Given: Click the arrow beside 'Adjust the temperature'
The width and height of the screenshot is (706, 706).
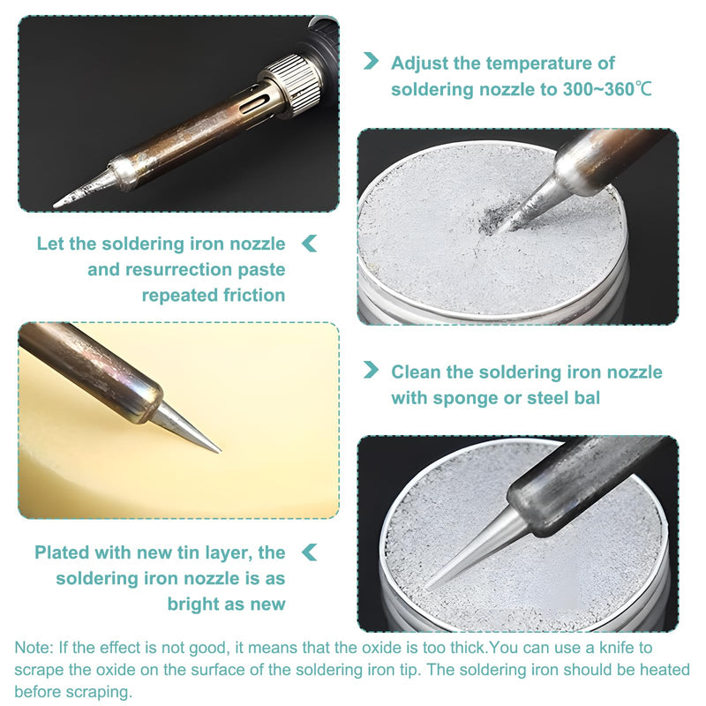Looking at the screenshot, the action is coord(371,61).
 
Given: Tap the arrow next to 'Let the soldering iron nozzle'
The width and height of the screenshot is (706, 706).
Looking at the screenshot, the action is coord(310,244).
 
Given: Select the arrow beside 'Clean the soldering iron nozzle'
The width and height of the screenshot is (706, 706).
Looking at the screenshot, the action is coord(371,370).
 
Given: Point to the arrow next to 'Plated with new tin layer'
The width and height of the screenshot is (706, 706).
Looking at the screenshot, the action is coord(310,552).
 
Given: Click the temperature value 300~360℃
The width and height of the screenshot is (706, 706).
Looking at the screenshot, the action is coord(607,89).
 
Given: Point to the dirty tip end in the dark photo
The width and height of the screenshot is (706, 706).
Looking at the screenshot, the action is coord(56,206).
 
